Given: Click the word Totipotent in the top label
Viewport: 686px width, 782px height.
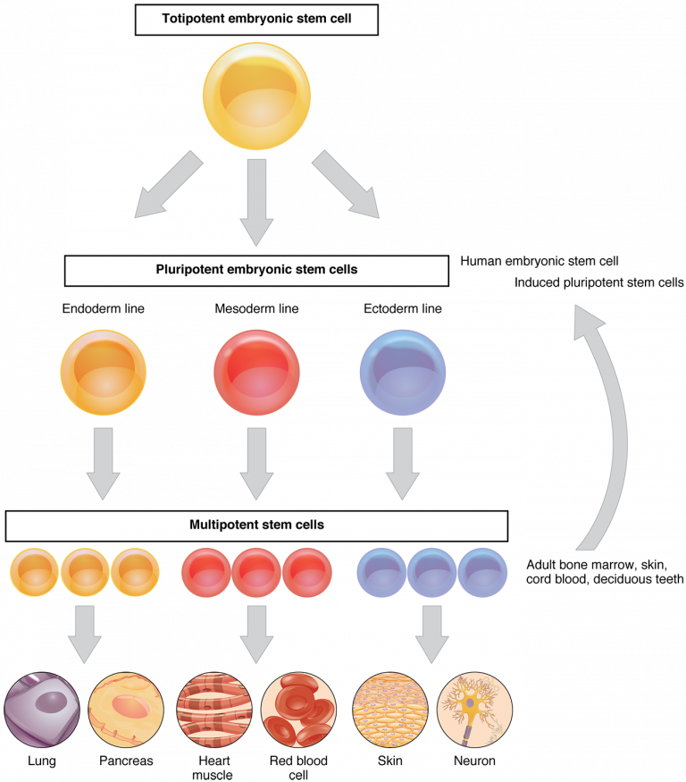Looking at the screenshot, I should (x=194, y=19).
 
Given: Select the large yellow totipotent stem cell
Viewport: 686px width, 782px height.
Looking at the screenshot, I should (x=256, y=94).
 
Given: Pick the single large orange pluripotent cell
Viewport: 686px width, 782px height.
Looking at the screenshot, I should (x=104, y=372).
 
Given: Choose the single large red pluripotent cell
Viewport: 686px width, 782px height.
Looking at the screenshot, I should (x=257, y=372).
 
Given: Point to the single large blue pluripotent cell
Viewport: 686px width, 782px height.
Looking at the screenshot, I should (x=402, y=372).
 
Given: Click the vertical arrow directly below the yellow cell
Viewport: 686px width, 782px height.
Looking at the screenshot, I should (x=256, y=201).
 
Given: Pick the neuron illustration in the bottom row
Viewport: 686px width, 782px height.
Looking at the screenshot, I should (x=474, y=710).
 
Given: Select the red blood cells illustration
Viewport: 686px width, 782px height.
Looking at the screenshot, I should (x=299, y=710).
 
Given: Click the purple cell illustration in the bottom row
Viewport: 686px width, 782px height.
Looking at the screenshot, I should (x=41, y=710).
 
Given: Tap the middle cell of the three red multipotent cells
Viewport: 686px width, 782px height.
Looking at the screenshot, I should (x=257, y=573).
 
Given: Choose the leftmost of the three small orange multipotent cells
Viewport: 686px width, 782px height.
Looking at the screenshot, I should (x=34, y=573).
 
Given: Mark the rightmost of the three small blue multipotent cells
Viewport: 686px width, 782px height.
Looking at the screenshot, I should (x=483, y=573).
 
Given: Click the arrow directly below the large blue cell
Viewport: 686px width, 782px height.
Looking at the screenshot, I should (x=402, y=463).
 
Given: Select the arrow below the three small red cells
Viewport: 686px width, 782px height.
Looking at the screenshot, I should (x=256, y=633).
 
